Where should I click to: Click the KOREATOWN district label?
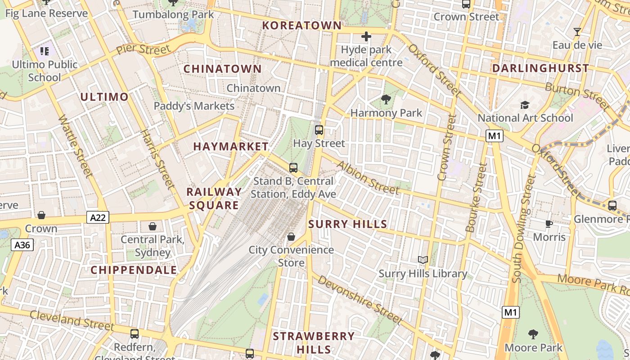(302, 26)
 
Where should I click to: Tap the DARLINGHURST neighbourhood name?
(540, 68)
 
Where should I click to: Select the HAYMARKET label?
(231, 147)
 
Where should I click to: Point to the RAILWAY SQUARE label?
(214, 198)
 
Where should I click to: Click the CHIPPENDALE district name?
(134, 270)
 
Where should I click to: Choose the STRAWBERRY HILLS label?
(314, 342)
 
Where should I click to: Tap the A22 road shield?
(98, 218)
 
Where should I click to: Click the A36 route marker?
(22, 245)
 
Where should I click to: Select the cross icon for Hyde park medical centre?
(366, 36)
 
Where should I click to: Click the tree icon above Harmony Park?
(386, 99)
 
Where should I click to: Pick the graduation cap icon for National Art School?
(525, 105)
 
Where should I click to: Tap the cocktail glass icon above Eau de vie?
(577, 32)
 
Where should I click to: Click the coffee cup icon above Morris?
(549, 224)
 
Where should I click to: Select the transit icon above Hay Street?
(319, 130)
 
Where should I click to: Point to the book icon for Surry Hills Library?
(423, 260)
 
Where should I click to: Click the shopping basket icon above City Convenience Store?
(291, 237)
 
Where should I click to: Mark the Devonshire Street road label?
(360, 300)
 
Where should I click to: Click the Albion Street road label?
(367, 178)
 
